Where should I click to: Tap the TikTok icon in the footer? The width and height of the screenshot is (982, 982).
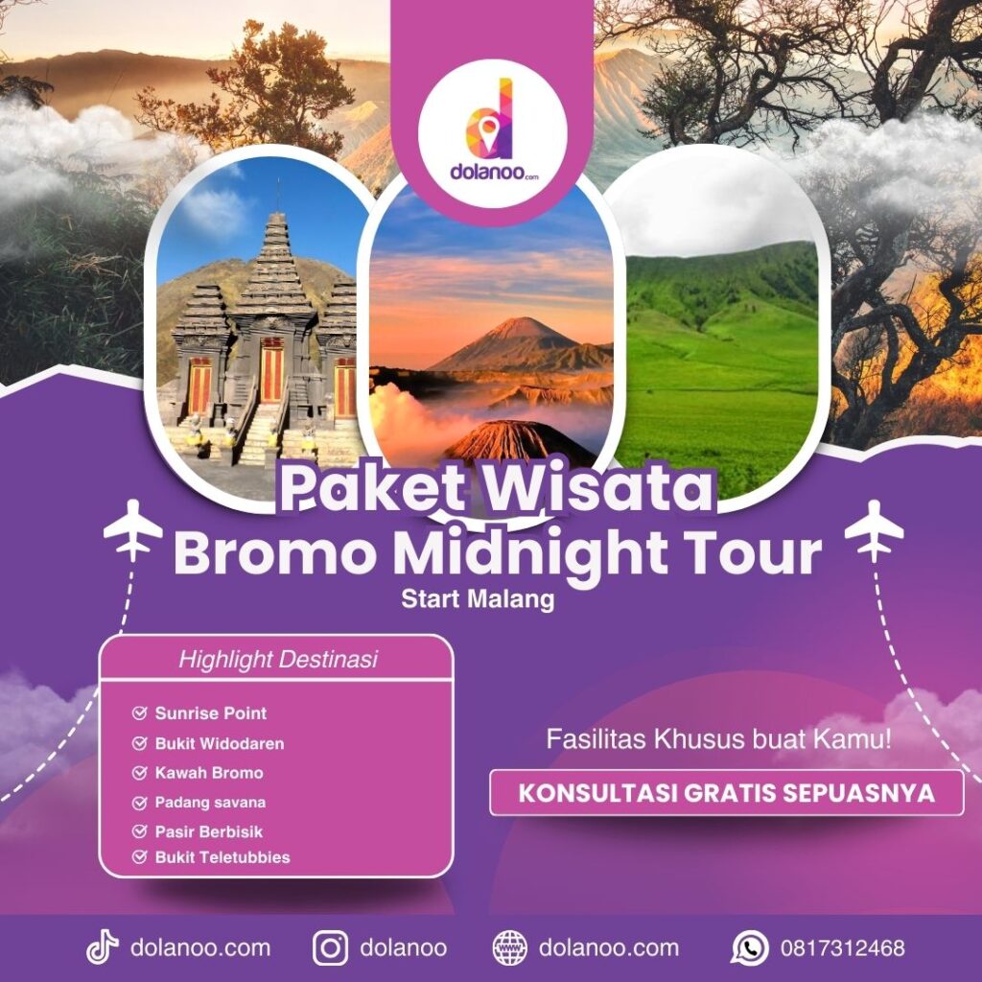(102, 947)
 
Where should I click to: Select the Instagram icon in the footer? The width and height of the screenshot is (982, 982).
(330, 947)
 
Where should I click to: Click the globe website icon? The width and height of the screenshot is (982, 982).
(509, 947)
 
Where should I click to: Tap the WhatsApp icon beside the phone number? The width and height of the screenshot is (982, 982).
(749, 947)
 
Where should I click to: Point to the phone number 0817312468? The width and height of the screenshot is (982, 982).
(842, 948)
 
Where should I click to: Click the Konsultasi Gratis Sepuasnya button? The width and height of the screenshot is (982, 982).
(727, 793)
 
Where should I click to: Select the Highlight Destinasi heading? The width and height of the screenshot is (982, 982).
(277, 660)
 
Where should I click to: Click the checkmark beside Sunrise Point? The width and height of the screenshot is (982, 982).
(140, 713)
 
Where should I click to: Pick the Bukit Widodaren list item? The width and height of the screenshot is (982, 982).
(219, 743)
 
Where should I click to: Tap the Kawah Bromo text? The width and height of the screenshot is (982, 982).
(208, 773)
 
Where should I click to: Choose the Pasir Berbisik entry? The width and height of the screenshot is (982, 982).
(208, 831)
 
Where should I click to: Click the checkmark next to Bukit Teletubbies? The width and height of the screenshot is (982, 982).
(140, 856)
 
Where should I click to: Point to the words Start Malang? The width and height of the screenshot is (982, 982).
(479, 600)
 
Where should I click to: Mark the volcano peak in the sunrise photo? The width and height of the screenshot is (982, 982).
(519, 324)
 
